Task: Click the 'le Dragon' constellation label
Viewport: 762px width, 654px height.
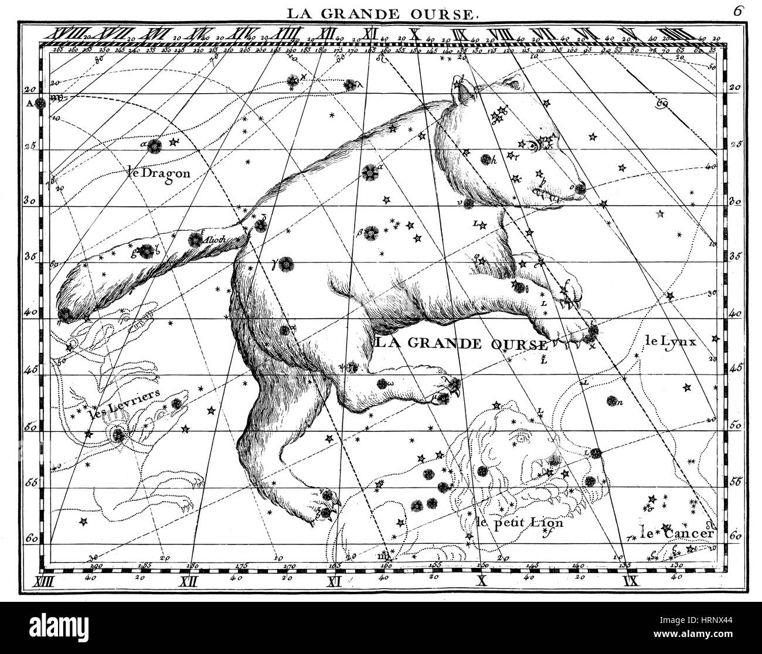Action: pos(158,172)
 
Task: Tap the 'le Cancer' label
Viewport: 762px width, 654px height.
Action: pos(677,533)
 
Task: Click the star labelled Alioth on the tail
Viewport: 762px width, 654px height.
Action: pos(195,239)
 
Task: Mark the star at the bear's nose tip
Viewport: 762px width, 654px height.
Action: pos(580,188)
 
